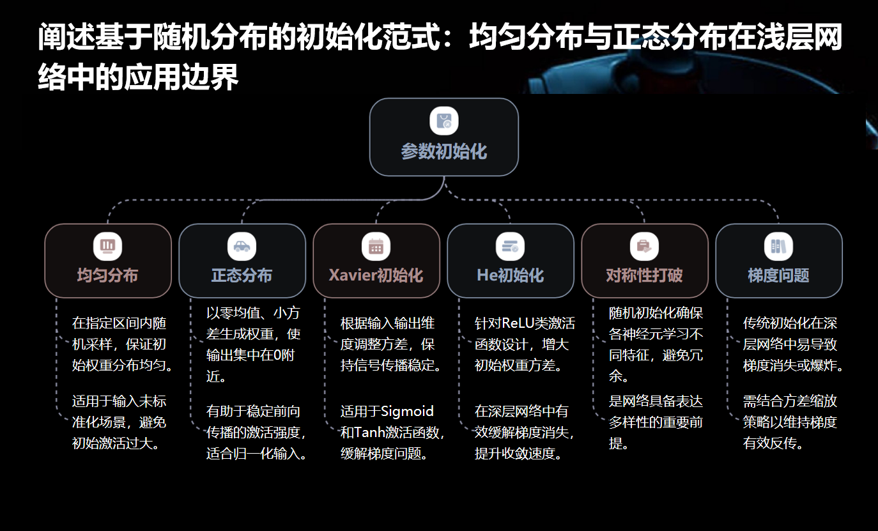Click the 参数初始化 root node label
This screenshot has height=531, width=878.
coord(443,152)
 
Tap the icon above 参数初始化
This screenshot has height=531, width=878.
coord(444,121)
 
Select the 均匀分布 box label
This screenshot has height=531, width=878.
coord(107,275)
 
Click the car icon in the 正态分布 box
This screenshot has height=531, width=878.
coord(242,247)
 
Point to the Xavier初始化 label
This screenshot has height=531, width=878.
coord(376,275)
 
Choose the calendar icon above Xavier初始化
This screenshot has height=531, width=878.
coord(376,247)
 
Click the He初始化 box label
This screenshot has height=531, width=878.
coord(510,275)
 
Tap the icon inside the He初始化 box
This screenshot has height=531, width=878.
coord(510,247)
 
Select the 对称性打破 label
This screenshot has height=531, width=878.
coord(644,275)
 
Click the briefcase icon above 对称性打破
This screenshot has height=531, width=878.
coord(644,247)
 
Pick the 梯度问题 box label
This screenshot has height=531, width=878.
coord(778,275)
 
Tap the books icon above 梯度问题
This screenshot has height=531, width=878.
coord(778,247)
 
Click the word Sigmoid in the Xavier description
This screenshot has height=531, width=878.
coord(407,411)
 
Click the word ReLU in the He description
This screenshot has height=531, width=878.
coord(518,323)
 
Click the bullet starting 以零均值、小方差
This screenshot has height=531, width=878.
coord(253,344)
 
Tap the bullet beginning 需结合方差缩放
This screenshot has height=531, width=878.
coord(790,422)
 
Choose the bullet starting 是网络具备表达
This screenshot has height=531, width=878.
coord(656,422)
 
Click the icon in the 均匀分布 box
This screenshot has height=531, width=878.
coord(107,247)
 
